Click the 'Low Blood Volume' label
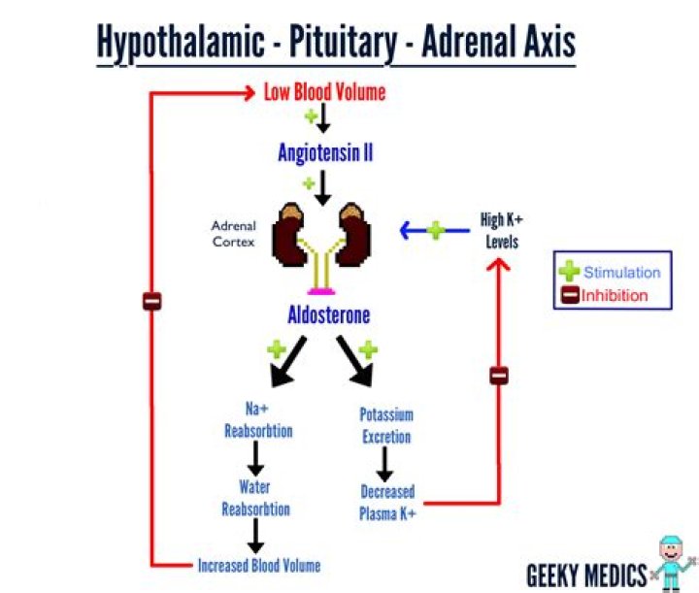324,93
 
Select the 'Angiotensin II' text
325,152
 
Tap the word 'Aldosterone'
328,315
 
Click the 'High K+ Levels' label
502,230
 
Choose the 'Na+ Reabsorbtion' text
257,419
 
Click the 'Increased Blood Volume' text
258,565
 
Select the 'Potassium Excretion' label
386,425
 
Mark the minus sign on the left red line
151,301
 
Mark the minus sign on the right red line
499,375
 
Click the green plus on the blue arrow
436,230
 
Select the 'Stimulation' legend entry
621,273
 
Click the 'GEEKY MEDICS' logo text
585,572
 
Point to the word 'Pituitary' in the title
337,43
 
